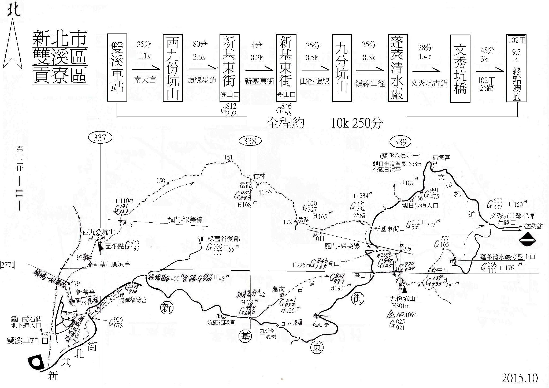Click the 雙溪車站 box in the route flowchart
pos(117,68)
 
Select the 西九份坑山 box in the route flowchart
pos(173,68)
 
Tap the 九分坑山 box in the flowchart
pos(342,68)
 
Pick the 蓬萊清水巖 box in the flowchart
pos(398,68)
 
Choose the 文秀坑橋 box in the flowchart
pos(460,68)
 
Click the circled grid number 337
pos(100,138)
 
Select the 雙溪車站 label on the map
pos(22,340)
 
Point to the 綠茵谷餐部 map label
pos(224,239)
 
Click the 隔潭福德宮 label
pos(133,300)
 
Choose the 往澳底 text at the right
pos(533,226)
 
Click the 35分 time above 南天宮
pos(144,44)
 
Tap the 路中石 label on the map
pos(438,269)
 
